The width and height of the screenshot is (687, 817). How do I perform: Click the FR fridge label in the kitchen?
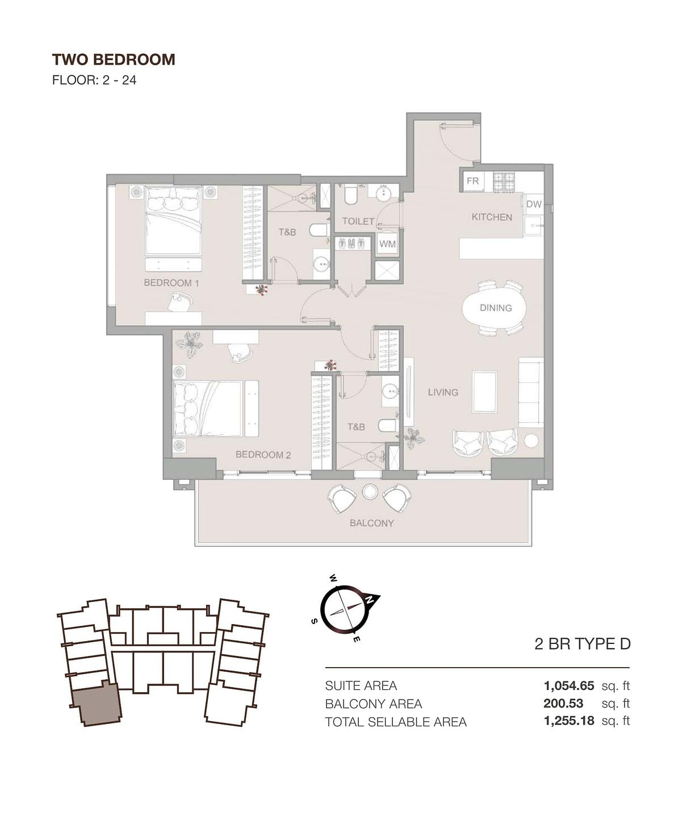(x=473, y=181)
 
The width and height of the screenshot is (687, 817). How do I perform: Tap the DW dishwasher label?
(x=534, y=204)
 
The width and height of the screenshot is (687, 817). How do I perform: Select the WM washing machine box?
(x=387, y=244)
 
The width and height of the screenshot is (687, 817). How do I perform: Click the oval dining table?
(x=495, y=308)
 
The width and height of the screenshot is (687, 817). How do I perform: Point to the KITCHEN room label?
(x=492, y=217)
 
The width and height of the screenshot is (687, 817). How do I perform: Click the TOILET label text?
(x=358, y=221)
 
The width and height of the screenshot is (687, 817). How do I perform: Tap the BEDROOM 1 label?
(x=171, y=283)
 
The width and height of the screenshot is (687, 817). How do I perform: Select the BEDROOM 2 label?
(x=263, y=454)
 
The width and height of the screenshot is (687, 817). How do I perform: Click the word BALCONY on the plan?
(x=372, y=523)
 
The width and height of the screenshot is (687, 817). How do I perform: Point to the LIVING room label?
(x=443, y=392)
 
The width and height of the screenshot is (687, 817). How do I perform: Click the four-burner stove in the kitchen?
(x=503, y=182)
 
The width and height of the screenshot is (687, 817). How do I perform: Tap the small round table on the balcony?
(x=370, y=492)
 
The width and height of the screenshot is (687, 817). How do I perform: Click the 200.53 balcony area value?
(x=563, y=704)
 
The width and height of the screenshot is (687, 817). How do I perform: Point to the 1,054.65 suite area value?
(x=569, y=685)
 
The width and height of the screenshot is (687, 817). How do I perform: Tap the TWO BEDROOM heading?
(x=114, y=60)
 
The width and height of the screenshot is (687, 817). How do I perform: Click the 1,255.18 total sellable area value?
(x=569, y=721)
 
